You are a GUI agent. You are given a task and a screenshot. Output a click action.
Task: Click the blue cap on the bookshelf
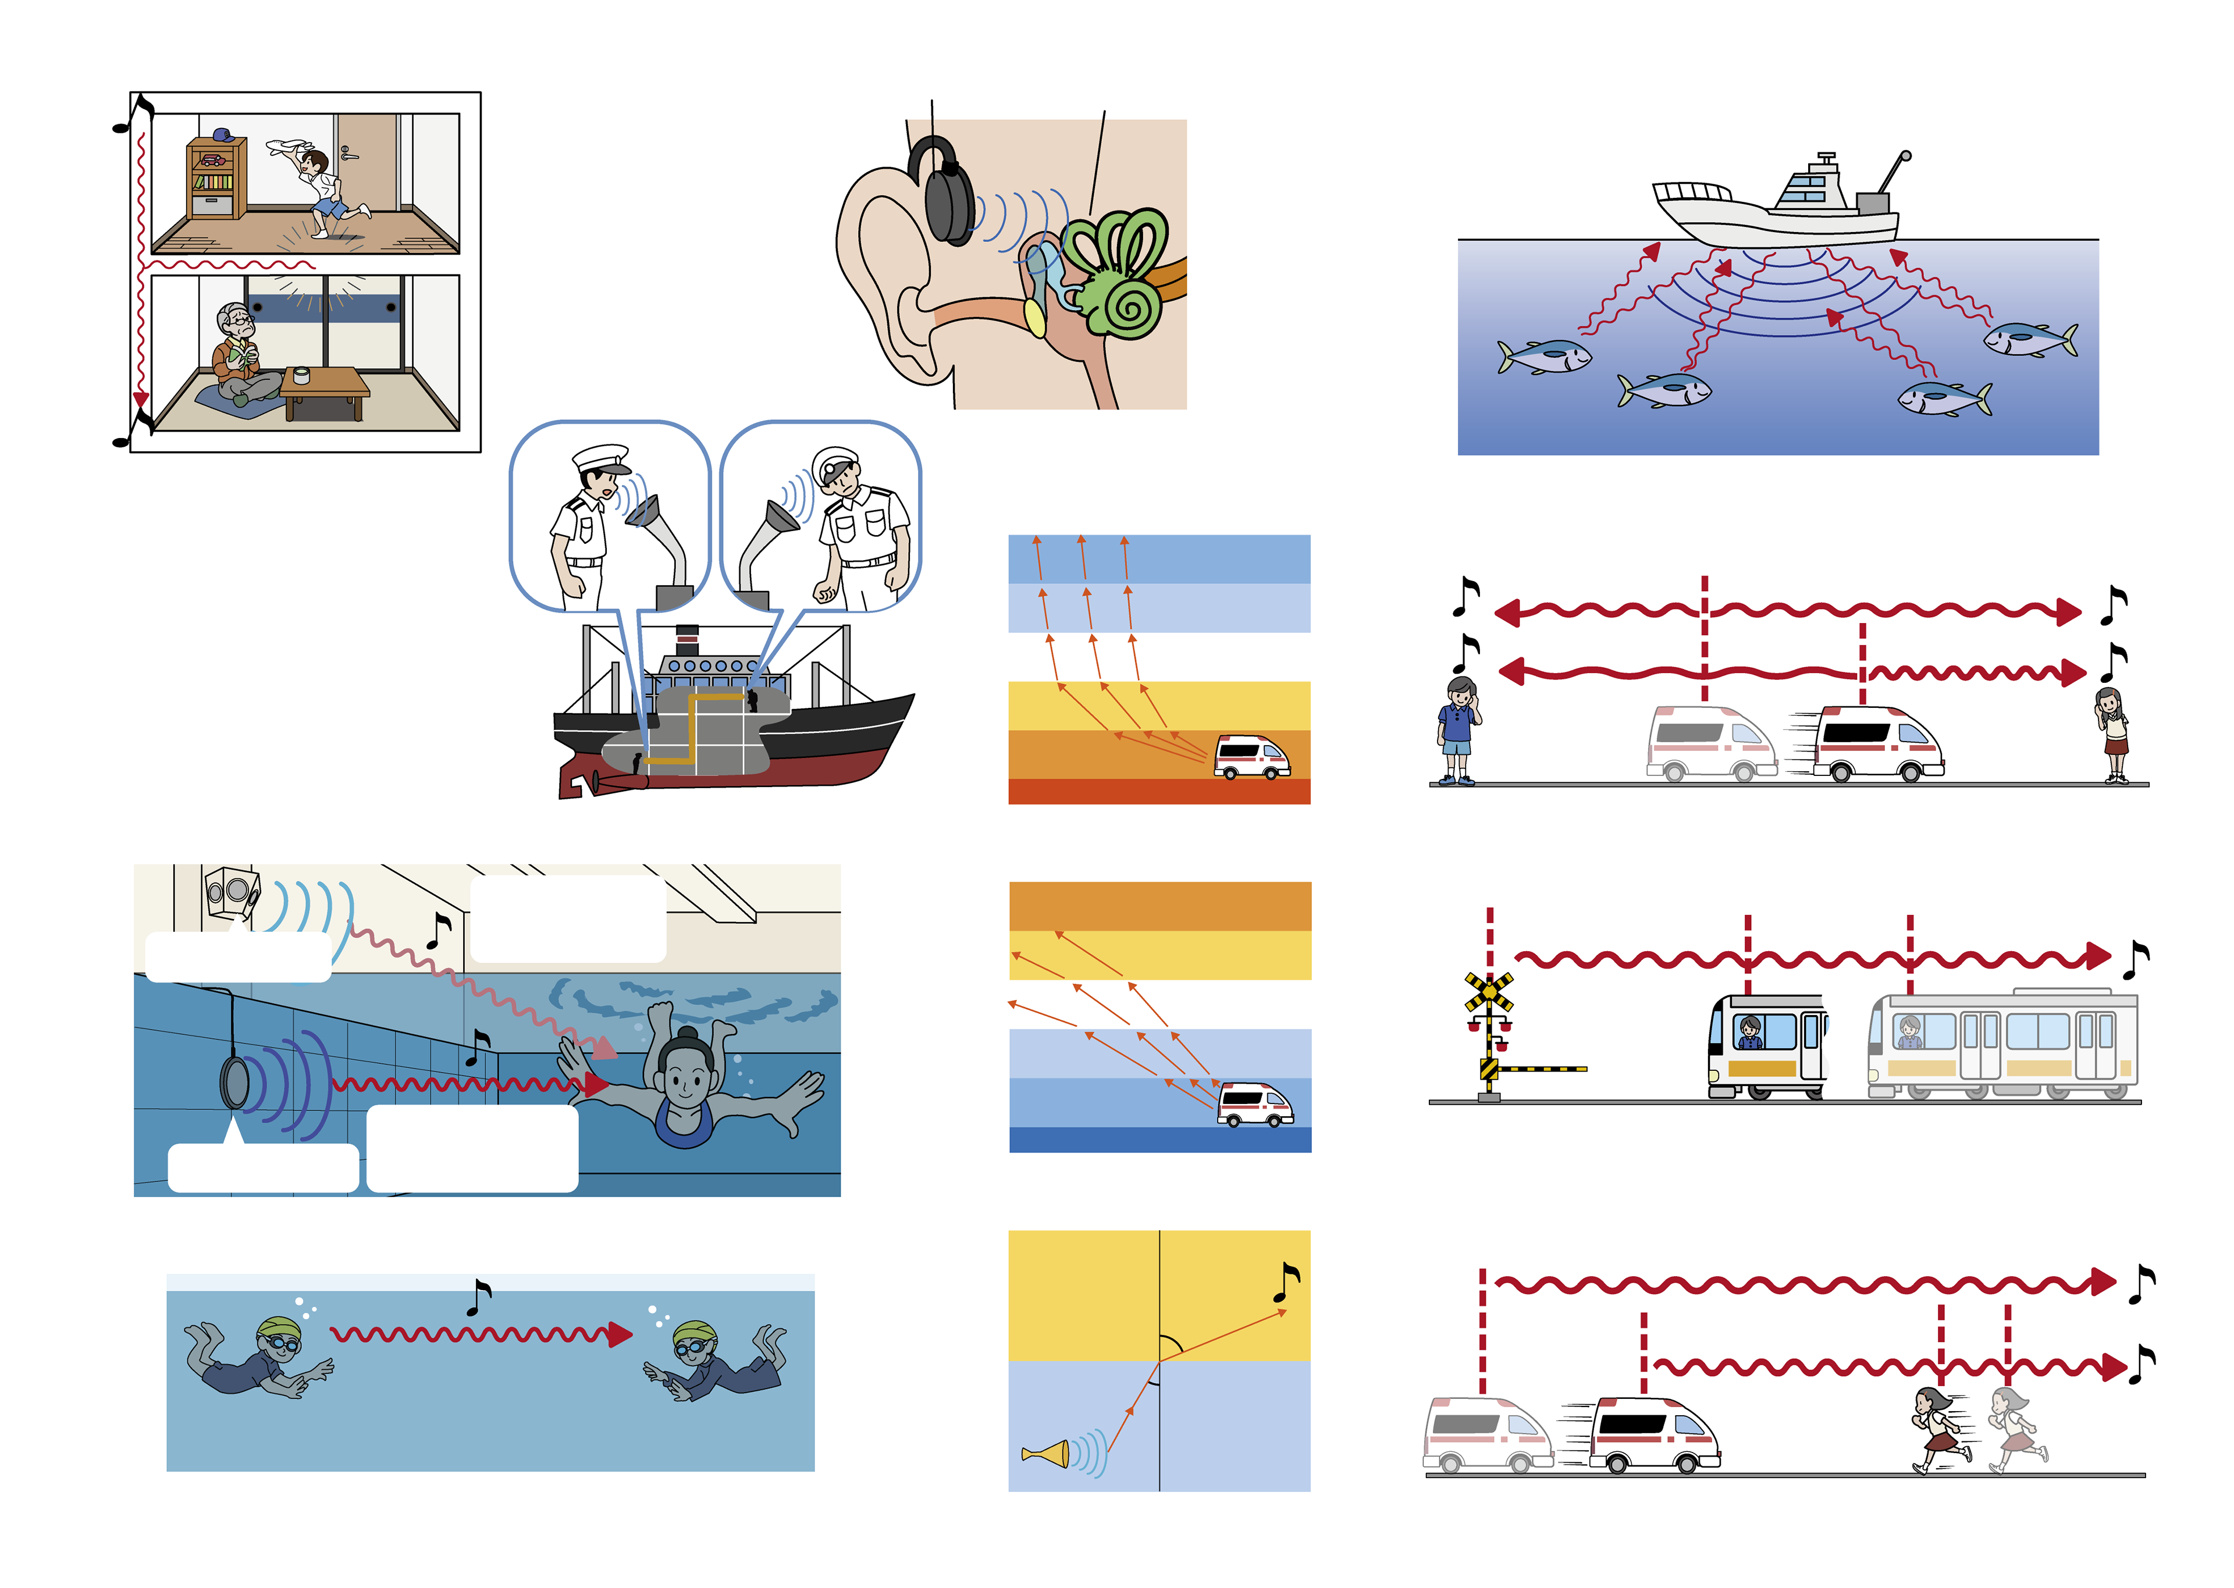(x=222, y=134)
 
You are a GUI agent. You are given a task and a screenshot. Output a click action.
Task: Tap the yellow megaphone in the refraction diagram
(x=1047, y=1454)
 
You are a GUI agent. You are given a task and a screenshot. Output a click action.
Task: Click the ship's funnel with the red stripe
(x=687, y=640)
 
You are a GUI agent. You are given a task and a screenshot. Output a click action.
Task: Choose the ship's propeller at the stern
(x=592, y=782)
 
